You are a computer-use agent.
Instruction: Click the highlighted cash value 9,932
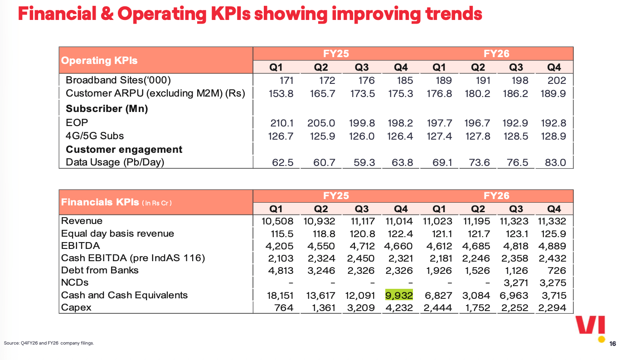coord(399,295)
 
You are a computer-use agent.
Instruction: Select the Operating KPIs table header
coord(99,60)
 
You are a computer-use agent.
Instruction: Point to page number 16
coord(612,344)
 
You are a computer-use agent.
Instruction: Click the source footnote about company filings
coord(49,343)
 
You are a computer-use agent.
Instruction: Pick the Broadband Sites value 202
coord(556,80)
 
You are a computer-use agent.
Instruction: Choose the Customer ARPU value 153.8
coord(281,94)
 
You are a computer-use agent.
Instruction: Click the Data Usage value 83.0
coord(555,162)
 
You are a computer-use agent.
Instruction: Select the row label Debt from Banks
coord(100,270)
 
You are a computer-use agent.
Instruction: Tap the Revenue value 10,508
coord(277,221)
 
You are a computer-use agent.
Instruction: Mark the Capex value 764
coord(284,307)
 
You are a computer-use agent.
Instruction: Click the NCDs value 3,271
coord(516,283)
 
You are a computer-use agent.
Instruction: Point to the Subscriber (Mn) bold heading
coord(107,109)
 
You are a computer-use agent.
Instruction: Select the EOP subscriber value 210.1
coord(281,123)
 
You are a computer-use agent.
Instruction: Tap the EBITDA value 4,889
coord(552,246)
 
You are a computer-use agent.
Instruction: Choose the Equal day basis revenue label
coord(117,234)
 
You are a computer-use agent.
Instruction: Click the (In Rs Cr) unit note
coord(157,203)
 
